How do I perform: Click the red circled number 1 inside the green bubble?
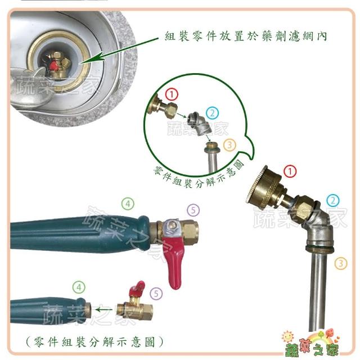[172, 94]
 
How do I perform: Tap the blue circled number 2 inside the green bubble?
[212, 113]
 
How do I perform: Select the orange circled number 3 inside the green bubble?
[229, 145]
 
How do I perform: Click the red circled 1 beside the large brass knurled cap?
[290, 172]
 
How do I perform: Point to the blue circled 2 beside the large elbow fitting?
[333, 200]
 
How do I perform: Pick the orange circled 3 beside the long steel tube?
[341, 263]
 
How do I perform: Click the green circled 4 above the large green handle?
[128, 204]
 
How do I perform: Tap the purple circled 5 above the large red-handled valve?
[193, 210]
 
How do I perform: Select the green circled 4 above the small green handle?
[79, 287]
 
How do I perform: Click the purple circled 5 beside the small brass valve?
[156, 294]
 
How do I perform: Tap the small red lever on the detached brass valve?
[137, 289]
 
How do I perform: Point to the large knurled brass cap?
[263, 189]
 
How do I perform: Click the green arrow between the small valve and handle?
[103, 310]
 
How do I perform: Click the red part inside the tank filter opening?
[54, 66]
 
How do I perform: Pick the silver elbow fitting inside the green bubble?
[199, 124]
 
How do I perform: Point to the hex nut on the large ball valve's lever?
[172, 226]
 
